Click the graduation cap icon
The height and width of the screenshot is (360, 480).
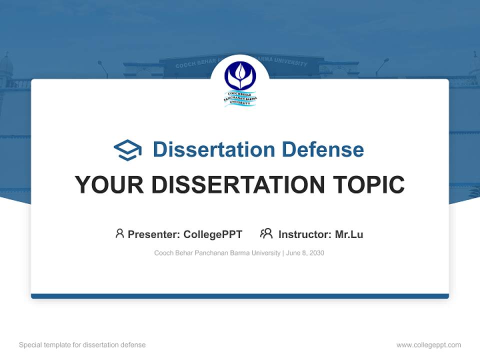click(128, 150)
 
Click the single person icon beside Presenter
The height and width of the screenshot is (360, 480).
click(119, 233)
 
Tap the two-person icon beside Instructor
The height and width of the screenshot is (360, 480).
click(266, 233)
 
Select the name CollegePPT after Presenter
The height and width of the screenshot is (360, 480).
click(212, 234)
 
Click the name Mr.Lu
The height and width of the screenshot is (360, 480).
click(349, 234)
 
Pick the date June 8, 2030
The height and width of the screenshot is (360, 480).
click(305, 253)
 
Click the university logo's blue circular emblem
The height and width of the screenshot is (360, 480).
click(240, 75)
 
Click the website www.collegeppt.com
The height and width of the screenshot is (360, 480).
click(428, 345)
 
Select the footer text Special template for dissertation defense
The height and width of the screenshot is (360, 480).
click(82, 345)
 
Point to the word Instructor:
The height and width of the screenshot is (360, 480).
click(304, 234)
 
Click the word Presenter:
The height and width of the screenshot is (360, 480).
click(154, 234)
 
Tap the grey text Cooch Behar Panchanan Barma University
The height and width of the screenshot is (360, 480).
click(217, 253)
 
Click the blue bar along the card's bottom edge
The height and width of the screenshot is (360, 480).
click(240, 296)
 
